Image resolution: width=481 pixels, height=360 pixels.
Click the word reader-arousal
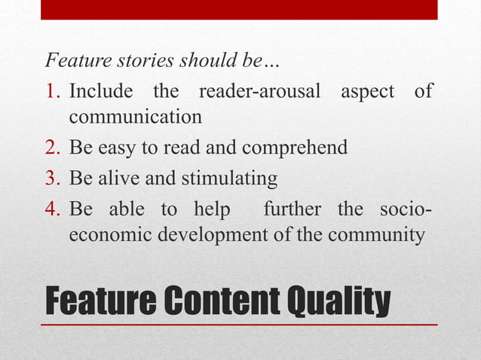click(x=261, y=92)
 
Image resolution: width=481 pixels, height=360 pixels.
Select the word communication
click(x=135, y=118)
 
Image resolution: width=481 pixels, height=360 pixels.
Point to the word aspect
click(x=366, y=93)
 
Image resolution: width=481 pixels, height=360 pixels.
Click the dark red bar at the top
click(x=240, y=9)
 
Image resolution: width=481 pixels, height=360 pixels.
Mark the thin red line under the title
click(x=240, y=325)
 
